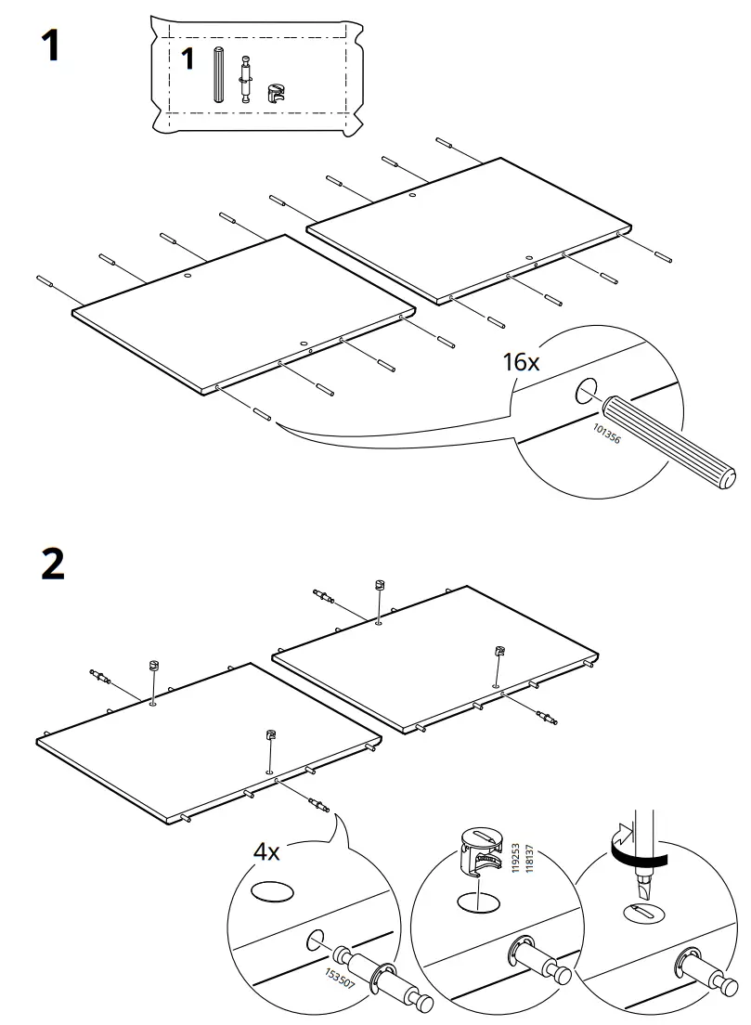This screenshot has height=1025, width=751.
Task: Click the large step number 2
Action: pyautogui.click(x=53, y=564)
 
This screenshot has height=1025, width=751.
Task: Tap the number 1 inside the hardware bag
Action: pyautogui.click(x=188, y=60)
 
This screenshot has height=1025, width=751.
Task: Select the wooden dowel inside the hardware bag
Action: pyautogui.click(x=218, y=75)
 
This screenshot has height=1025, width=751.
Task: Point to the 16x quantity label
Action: pyautogui.click(x=520, y=362)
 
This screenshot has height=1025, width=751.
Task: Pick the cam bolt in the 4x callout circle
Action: pyautogui.click(x=381, y=975)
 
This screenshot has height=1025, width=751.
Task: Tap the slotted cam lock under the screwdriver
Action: pyautogui.click(x=646, y=915)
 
